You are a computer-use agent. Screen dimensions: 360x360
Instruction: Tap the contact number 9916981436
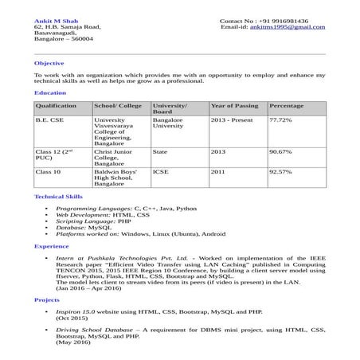pyautogui.click(x=289, y=19)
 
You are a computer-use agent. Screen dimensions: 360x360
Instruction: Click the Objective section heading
pyautogui.click(x=49, y=62)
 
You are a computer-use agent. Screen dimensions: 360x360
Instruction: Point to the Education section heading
pyautogui.click(x=49, y=93)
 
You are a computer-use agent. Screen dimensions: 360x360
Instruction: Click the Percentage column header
pyautogui.click(x=287, y=106)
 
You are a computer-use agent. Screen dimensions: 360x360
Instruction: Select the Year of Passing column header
pyautogui.click(x=234, y=106)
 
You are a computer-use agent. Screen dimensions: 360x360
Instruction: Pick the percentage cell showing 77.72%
pyautogui.click(x=281, y=119)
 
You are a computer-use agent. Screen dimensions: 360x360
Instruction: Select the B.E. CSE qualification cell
pyautogui.click(x=50, y=119)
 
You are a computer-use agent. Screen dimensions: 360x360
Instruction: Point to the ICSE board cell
pyautogui.click(x=160, y=171)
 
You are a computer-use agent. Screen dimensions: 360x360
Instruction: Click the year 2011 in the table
pyautogui.click(x=218, y=171)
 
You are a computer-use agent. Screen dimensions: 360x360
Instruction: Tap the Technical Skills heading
pyautogui.click(x=58, y=196)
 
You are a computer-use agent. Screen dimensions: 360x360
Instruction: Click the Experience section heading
pyautogui.click(x=52, y=247)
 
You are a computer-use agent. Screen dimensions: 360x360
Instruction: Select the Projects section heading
pyautogui.click(x=48, y=299)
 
